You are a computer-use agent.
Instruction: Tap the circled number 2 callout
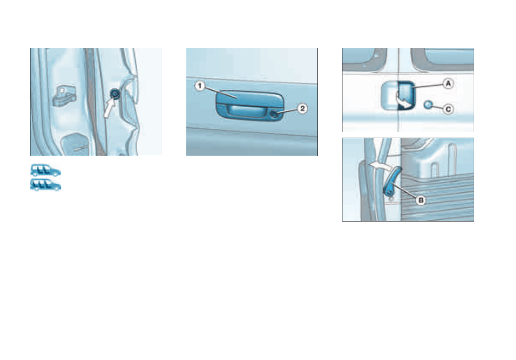(302, 108)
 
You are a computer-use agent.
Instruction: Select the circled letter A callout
(448, 84)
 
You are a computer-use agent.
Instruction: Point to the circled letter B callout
(420, 201)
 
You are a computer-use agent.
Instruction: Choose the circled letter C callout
(448, 109)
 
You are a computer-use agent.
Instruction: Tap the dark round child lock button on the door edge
(115, 94)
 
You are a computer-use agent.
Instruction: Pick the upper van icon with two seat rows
(45, 170)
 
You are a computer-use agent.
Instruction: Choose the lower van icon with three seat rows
(45, 185)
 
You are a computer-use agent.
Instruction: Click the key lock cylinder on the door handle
(276, 113)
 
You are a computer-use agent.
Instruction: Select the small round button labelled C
(428, 105)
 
